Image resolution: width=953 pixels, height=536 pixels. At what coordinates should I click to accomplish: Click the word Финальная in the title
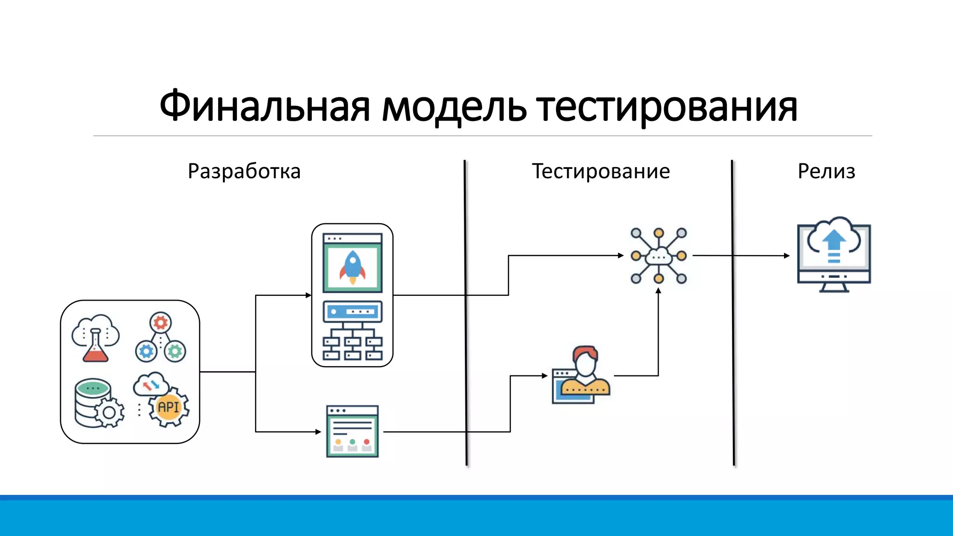(x=264, y=106)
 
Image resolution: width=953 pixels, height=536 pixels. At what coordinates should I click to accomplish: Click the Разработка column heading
(x=244, y=172)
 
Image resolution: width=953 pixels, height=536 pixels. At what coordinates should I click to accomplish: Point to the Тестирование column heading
(x=601, y=171)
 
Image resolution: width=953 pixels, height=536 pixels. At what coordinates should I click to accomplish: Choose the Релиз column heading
(x=826, y=171)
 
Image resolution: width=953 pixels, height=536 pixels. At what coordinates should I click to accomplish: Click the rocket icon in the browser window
(x=352, y=267)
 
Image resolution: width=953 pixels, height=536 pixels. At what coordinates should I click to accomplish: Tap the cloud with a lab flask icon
(x=95, y=338)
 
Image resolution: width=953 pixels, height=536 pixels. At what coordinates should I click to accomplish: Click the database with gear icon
(x=99, y=403)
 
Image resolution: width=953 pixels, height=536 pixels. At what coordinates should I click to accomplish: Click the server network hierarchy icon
(x=352, y=331)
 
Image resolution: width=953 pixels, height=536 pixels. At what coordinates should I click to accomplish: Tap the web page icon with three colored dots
(x=352, y=431)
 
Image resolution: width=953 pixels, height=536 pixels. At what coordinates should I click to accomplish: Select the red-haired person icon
(x=582, y=375)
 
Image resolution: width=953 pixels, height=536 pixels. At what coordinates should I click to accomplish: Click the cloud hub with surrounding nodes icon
(x=658, y=255)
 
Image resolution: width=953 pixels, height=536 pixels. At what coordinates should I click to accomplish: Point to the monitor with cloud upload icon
(x=834, y=255)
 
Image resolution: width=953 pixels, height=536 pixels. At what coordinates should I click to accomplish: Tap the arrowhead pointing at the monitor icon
(x=787, y=255)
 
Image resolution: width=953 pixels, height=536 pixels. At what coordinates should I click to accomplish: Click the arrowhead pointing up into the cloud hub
(x=658, y=291)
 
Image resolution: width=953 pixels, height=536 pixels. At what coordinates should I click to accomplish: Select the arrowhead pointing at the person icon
(x=545, y=375)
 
